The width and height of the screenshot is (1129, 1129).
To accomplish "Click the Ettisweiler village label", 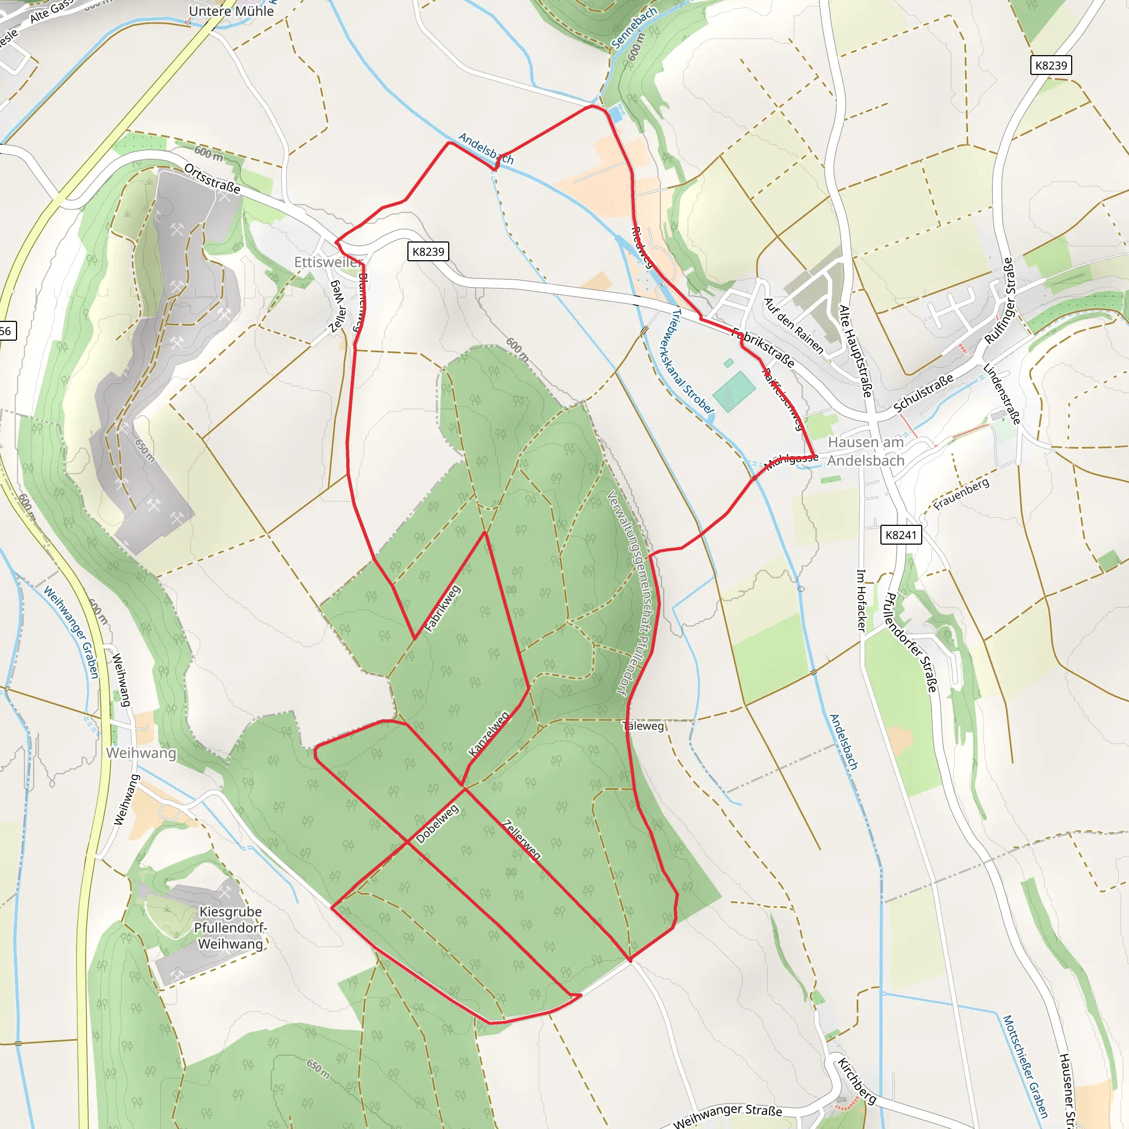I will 327,262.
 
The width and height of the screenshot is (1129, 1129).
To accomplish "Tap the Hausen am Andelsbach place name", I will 865,451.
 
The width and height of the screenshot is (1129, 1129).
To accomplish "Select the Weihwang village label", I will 141,752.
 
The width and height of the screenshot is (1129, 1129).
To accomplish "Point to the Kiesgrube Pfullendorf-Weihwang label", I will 230,927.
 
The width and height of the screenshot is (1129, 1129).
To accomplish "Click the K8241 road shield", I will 901,535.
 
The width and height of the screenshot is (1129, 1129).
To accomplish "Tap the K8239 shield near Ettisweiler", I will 428,252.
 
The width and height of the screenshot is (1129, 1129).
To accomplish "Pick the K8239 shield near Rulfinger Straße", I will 1051,66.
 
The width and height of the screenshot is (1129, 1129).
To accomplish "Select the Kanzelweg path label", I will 488,734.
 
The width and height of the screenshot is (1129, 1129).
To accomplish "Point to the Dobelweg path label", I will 437,824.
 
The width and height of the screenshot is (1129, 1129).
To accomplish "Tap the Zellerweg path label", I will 522,840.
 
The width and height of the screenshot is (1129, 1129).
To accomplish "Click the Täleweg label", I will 643,726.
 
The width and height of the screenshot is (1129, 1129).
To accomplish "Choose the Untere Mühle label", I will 232,11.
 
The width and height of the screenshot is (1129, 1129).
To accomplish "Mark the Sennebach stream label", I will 634,28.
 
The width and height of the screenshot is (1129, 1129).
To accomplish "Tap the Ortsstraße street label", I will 212,178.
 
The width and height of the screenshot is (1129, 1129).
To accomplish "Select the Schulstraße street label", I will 923,392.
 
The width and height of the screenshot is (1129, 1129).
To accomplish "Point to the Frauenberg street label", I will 961,494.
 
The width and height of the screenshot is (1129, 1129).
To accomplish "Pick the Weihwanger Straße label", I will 727,1115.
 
